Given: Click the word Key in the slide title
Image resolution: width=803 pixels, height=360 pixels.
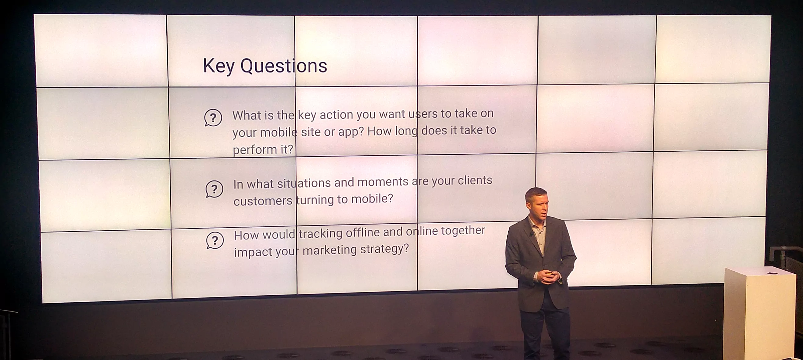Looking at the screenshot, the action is click(218, 66).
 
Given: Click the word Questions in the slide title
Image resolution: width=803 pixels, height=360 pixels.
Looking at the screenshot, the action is click(284, 66).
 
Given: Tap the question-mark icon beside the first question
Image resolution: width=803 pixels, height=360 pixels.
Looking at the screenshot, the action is click(213, 118).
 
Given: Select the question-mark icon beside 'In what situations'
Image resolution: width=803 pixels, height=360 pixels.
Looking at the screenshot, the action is click(214, 189).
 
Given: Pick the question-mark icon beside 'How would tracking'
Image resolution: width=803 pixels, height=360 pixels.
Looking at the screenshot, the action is click(215, 240).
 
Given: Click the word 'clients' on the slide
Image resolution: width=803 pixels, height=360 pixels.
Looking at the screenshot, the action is click(475, 181).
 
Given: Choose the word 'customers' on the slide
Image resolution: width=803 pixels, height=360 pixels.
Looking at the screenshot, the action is click(263, 201).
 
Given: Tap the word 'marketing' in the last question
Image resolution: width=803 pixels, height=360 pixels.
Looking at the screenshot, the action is click(329, 250).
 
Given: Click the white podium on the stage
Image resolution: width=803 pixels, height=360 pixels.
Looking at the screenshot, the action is click(759, 313).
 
